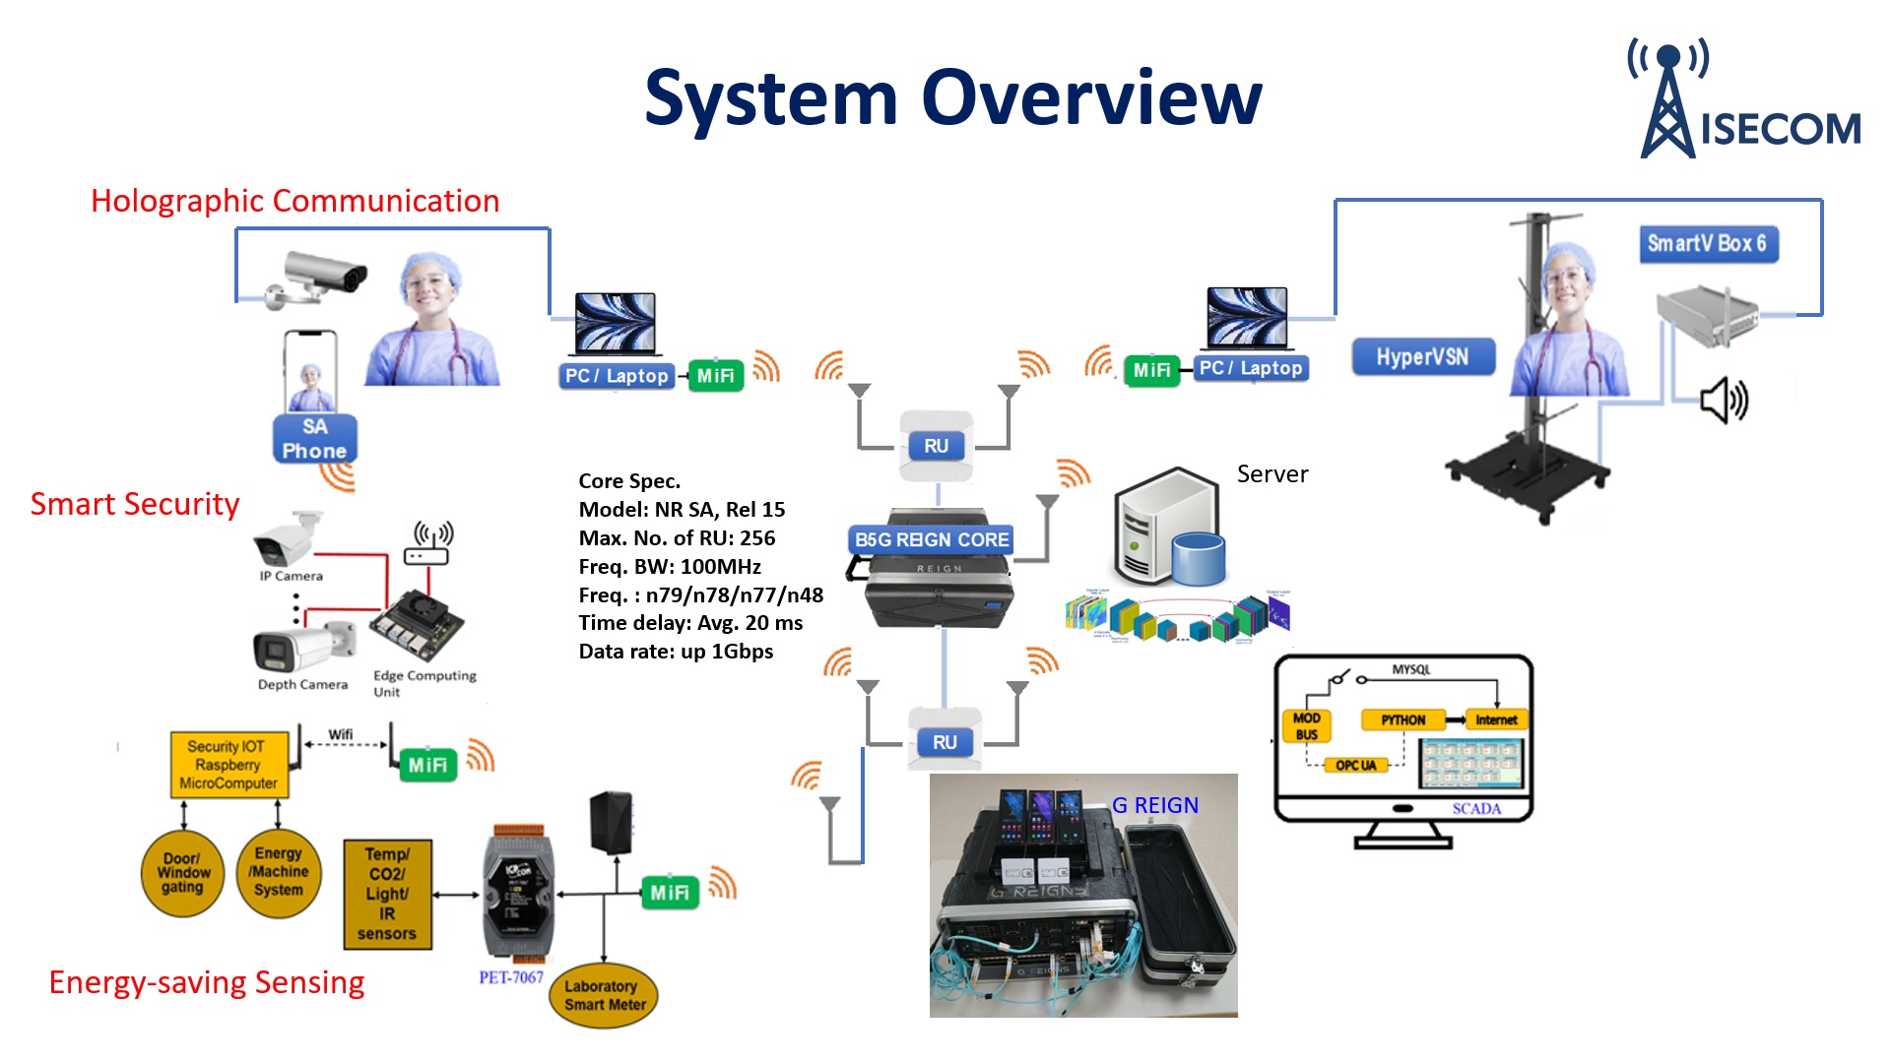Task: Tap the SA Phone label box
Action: tap(314, 439)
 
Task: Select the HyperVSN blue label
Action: tap(1422, 357)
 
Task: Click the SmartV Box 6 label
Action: tap(1707, 244)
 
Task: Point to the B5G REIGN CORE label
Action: tap(931, 539)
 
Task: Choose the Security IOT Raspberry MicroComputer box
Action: tap(228, 765)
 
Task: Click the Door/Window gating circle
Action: tap(183, 873)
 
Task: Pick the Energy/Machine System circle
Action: tap(279, 873)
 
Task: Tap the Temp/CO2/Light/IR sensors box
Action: tap(387, 894)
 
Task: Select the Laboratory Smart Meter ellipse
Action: tap(604, 996)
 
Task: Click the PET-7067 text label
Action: tap(511, 977)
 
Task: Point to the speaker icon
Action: tap(1724, 401)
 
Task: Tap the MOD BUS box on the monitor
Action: tap(1306, 726)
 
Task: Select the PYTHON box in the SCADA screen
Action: tap(1402, 720)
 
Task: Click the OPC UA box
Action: tap(1355, 766)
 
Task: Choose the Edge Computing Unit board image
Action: tap(416, 626)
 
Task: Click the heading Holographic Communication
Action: tap(295, 201)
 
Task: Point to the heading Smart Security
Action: tap(135, 504)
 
